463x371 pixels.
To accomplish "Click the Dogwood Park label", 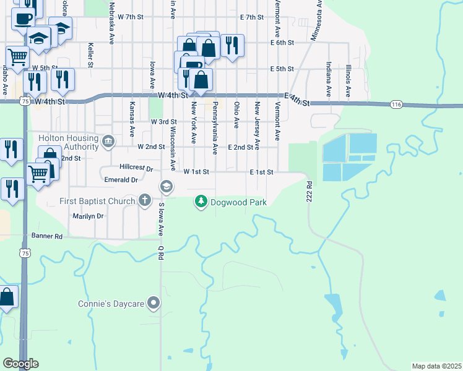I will [238, 202].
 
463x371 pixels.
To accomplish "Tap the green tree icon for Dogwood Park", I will [201, 202].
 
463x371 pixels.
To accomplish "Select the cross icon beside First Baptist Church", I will [144, 200].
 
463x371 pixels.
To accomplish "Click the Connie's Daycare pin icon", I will [154, 304].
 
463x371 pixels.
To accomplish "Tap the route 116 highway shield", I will [397, 105].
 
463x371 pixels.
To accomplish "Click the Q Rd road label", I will [160, 254].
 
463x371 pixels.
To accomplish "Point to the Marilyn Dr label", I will [88, 216].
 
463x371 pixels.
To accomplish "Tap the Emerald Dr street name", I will [121, 180].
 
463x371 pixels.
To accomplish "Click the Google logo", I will [20, 364].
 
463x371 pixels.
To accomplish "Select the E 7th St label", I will [252, 17].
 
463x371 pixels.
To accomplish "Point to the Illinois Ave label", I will [348, 79].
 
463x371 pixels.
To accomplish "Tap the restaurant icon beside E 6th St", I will [232, 45].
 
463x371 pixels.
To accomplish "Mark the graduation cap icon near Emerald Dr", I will [166, 186].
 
